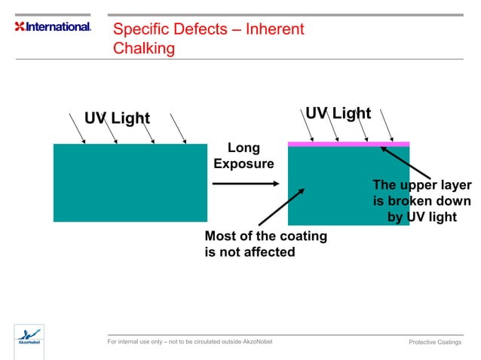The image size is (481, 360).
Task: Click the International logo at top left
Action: (x=53, y=26)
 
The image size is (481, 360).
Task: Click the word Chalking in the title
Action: (x=144, y=48)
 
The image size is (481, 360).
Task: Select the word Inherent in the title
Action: (x=274, y=29)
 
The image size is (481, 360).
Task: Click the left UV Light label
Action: (x=117, y=118)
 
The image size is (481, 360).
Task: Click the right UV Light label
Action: (x=338, y=113)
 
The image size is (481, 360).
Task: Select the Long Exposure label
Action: (x=244, y=156)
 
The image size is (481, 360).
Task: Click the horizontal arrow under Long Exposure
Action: (x=245, y=183)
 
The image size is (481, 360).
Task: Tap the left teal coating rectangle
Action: (x=130, y=182)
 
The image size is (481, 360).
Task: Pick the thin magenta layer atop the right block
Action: (x=348, y=144)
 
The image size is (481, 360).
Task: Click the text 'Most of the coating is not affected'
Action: (x=265, y=244)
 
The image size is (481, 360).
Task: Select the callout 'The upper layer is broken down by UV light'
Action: (x=421, y=201)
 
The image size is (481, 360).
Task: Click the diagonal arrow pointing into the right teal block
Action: (x=282, y=207)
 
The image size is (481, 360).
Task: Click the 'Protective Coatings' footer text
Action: (x=434, y=343)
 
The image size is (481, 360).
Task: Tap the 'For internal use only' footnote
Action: (x=190, y=342)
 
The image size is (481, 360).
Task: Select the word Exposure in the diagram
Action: (x=244, y=163)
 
